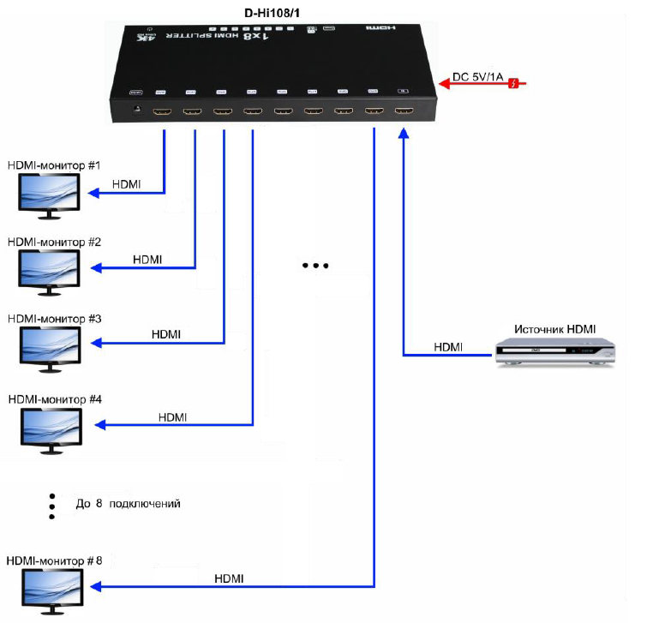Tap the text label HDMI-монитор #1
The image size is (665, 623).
[x=54, y=164]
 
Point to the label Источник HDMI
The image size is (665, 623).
[x=554, y=329]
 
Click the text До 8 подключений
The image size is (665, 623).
[x=129, y=504]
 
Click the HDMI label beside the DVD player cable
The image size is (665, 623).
[x=448, y=347]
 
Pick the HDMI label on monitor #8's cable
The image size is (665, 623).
[x=229, y=579]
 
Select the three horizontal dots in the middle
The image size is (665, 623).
[x=316, y=267]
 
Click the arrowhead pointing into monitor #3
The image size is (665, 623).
[x=99, y=343]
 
